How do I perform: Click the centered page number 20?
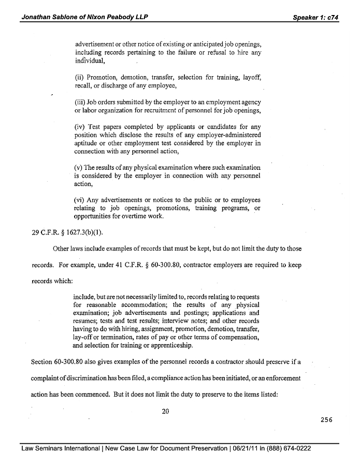(x=165, y=412)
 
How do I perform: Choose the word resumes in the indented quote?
(x=85, y=321)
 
